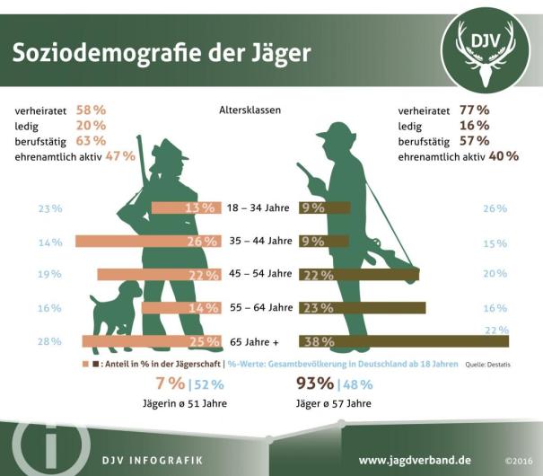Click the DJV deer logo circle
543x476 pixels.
[486, 51]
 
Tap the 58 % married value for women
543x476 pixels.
[92, 110]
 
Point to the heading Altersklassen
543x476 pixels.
[250, 110]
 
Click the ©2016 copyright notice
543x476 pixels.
[519, 460]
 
